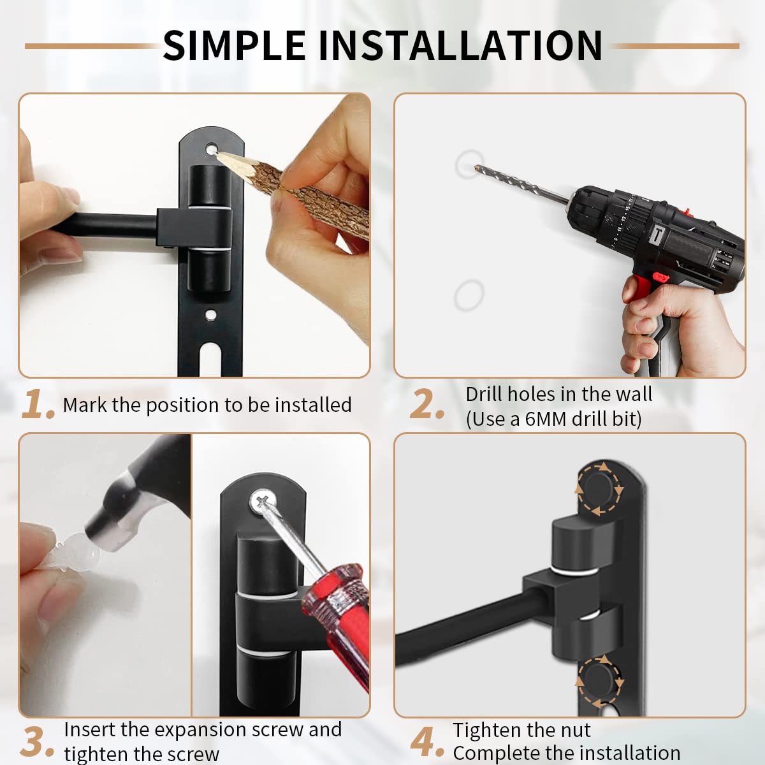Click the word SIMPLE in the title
(x=234, y=46)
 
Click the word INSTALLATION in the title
(x=460, y=46)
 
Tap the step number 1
(x=38, y=404)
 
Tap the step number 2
(x=426, y=404)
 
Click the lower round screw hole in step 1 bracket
(x=211, y=315)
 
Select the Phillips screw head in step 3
(x=263, y=502)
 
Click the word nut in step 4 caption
(x=576, y=731)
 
